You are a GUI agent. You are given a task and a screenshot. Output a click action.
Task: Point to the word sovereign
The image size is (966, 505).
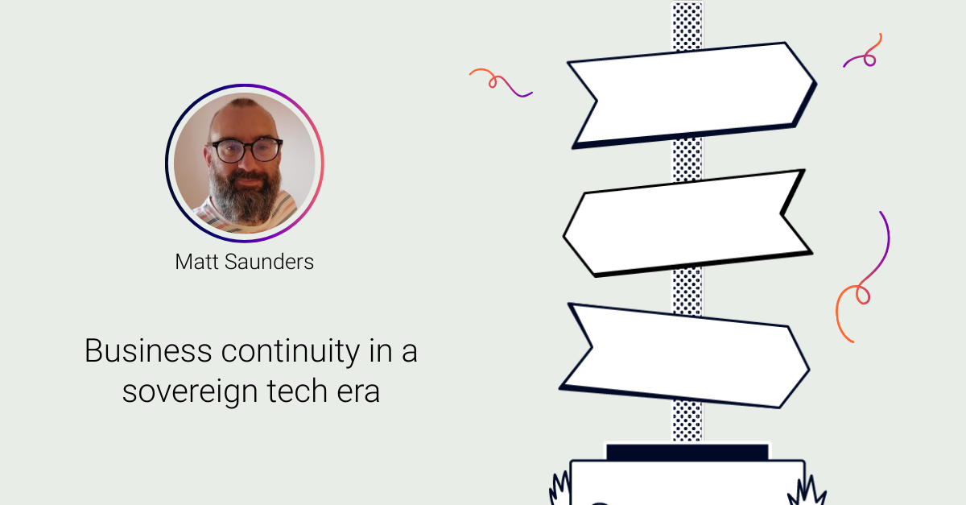pyautogui.click(x=191, y=391)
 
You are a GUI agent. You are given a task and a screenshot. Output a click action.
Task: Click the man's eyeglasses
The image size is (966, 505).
pyautogui.click(x=246, y=150)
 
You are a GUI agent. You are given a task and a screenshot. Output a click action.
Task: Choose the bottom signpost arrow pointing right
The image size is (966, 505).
pyautogui.click(x=684, y=354)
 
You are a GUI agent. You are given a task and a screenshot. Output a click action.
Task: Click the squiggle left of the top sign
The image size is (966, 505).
pyautogui.click(x=501, y=82)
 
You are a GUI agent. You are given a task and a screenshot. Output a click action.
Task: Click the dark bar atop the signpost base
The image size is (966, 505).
pyautogui.click(x=687, y=452)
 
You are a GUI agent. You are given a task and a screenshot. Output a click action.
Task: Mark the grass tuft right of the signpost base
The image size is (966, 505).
pyautogui.click(x=810, y=490)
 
